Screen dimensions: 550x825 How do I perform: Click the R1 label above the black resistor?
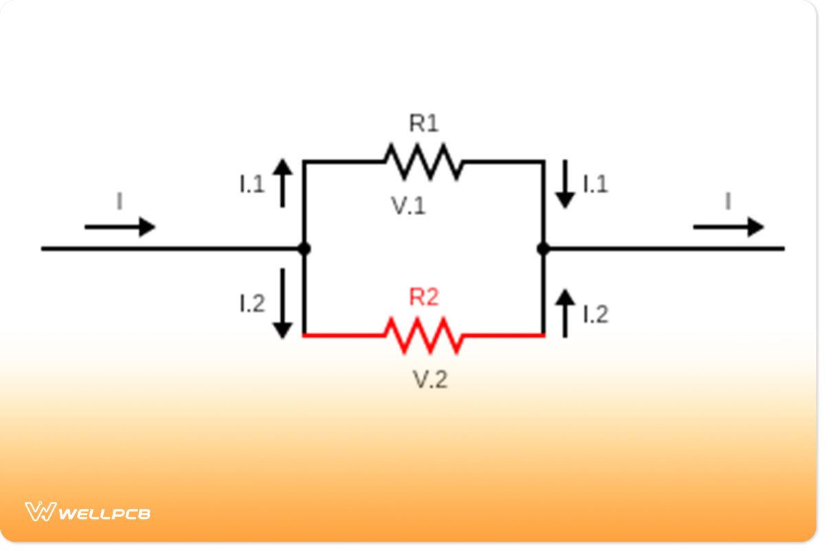point(423,124)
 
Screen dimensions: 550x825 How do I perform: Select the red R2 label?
point(423,297)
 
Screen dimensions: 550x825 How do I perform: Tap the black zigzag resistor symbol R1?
point(423,162)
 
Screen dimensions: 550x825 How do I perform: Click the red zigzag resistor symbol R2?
point(423,335)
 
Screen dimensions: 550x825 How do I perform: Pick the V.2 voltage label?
point(430,379)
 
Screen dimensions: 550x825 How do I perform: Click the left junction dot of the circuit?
point(304,249)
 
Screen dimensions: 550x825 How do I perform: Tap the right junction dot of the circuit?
point(543,249)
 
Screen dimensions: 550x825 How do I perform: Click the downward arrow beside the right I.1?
point(565,184)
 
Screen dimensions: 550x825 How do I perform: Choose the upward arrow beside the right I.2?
point(565,313)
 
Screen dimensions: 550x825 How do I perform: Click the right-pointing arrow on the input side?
point(120,226)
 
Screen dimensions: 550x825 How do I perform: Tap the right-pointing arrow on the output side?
point(728,226)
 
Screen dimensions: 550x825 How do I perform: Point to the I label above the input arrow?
point(120,202)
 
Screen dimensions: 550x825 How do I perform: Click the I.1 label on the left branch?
point(252,184)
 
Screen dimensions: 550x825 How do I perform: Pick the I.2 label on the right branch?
point(595,314)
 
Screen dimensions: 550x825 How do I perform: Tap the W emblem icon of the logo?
point(40,511)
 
